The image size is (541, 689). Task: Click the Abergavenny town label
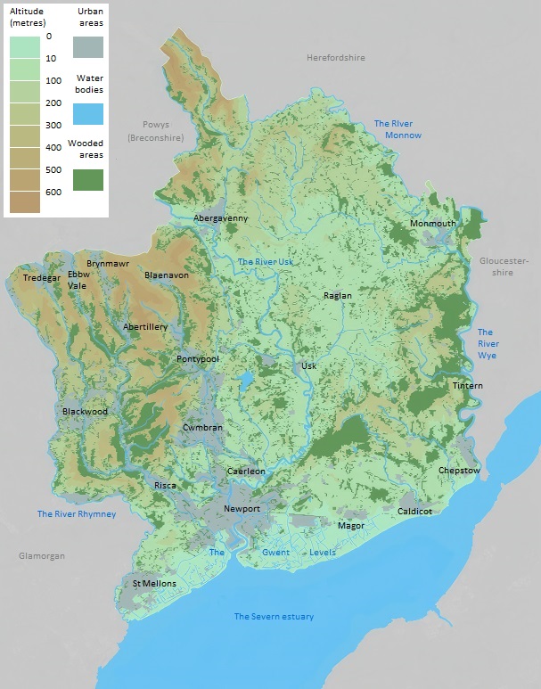221,218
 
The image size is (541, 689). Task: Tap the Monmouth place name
433,223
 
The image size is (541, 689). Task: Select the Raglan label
338,295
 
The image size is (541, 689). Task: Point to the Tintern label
467,385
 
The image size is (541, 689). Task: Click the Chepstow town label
459,470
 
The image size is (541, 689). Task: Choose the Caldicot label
414,511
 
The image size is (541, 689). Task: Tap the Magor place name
351,526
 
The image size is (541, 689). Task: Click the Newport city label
242,509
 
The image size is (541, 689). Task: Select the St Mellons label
154,584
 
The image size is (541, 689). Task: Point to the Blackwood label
85,411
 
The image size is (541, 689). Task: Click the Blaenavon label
167,275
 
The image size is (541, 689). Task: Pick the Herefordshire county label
336,58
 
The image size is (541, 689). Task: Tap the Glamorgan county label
42,555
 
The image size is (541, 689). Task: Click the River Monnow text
398,129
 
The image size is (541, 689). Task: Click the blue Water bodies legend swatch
88,113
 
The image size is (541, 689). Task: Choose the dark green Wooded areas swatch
88,179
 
